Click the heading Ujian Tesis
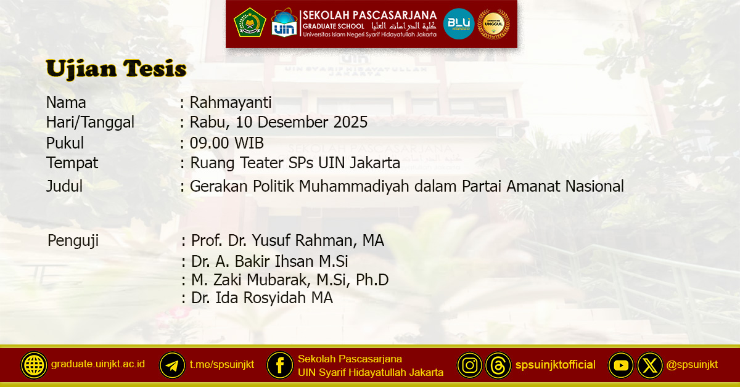click(x=116, y=69)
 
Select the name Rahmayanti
click(x=231, y=102)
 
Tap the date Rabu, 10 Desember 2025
click(x=279, y=123)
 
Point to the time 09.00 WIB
click(x=227, y=144)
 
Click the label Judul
click(x=64, y=185)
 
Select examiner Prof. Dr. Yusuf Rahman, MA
click(x=287, y=240)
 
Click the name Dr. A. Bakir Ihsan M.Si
click(x=269, y=262)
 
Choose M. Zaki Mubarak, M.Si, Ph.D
click(x=290, y=280)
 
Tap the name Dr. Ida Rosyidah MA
click(x=261, y=298)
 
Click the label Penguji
click(x=73, y=240)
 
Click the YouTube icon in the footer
click(x=621, y=365)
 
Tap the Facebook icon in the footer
click(x=280, y=365)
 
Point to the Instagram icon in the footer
click(x=470, y=365)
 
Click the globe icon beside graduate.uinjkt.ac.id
click(x=34, y=365)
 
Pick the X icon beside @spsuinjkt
click(x=650, y=365)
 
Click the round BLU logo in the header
click(x=459, y=24)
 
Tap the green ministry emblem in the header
click(x=250, y=23)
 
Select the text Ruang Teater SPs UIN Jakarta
click(x=295, y=163)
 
